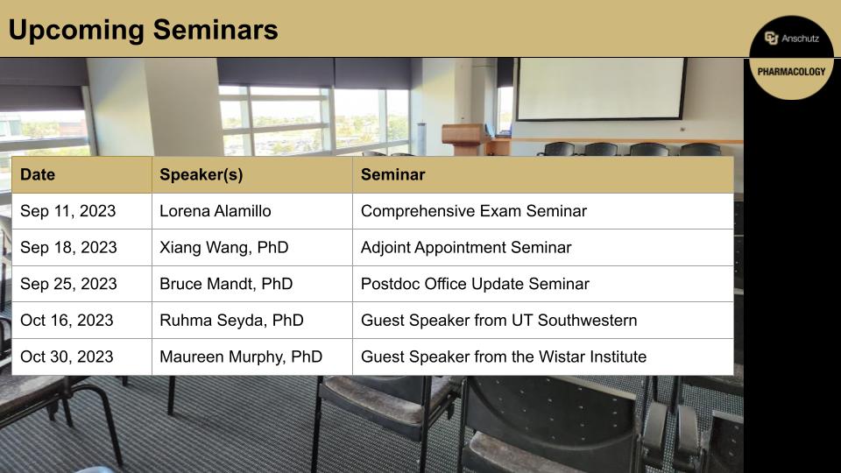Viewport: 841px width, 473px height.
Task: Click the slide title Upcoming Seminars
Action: pyautogui.click(x=143, y=30)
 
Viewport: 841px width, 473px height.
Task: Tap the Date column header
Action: pyautogui.click(x=38, y=174)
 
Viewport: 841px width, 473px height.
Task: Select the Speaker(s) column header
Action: pyautogui.click(x=201, y=174)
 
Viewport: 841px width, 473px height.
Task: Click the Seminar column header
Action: pyautogui.click(x=392, y=174)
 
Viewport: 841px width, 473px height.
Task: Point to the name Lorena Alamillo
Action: pyautogui.click(x=215, y=211)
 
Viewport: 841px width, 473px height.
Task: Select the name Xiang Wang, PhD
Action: pyautogui.click(x=223, y=248)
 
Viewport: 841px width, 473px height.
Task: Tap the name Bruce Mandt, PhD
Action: pyautogui.click(x=226, y=285)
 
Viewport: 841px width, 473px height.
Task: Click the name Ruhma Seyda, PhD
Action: pyautogui.click(x=231, y=321)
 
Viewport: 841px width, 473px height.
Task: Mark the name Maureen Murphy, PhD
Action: pyautogui.click(x=241, y=357)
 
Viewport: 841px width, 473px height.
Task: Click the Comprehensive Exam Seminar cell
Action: pyautogui.click(x=473, y=211)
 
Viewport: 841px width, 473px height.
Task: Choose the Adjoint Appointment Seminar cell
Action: pyautogui.click(x=465, y=248)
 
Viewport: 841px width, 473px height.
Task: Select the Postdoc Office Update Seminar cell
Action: pyautogui.click(x=475, y=285)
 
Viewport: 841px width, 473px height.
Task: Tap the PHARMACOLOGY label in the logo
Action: pyautogui.click(x=792, y=72)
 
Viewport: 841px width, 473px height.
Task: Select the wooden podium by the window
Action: pyautogui.click(x=463, y=139)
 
